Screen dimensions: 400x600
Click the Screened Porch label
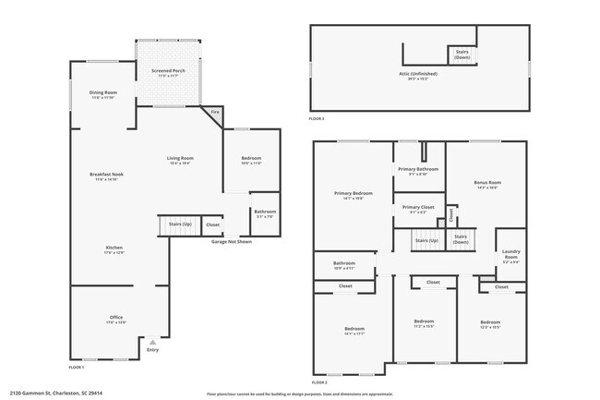point(153,73)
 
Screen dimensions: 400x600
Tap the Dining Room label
point(102,94)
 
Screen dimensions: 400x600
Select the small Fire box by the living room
point(215,113)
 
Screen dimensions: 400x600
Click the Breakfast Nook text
point(107,176)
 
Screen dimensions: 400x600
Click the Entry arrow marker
point(152,341)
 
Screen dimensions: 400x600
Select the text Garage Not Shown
point(232,241)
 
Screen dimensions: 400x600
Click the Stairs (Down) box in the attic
point(462,55)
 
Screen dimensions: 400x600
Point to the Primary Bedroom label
point(353,194)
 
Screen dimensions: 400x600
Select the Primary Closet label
point(418,209)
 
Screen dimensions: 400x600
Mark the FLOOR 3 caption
point(317,119)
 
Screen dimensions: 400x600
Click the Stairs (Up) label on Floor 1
point(180,224)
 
